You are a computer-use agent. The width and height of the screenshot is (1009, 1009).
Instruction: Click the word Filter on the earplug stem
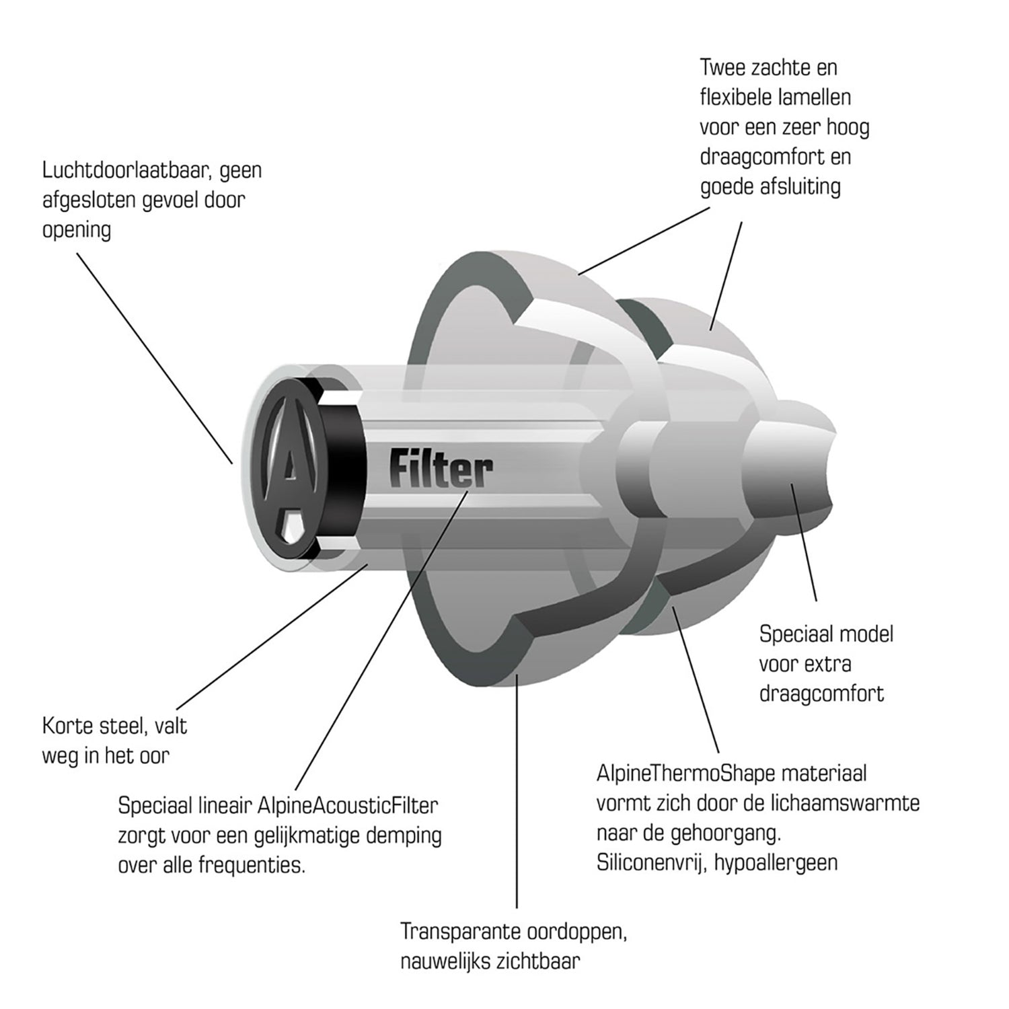pos(441,468)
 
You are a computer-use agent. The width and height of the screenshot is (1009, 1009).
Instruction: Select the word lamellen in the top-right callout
pos(813,98)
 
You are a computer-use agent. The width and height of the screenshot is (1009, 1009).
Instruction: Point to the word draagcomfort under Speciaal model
pos(821,694)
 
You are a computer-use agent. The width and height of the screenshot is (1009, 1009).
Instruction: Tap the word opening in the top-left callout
pos(77,231)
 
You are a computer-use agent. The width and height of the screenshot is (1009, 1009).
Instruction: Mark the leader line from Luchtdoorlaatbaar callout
pos(155,358)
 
